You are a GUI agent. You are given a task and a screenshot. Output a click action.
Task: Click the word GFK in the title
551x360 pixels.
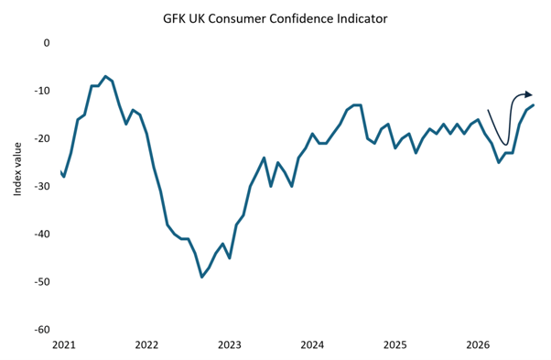(x=174, y=18)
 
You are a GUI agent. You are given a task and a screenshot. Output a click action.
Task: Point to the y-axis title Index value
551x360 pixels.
(x=17, y=169)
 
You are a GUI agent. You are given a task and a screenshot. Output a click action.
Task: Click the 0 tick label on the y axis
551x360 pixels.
(x=47, y=43)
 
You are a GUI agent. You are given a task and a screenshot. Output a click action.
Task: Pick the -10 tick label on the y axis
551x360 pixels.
(x=42, y=91)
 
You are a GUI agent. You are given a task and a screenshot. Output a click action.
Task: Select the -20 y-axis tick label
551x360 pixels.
(x=42, y=138)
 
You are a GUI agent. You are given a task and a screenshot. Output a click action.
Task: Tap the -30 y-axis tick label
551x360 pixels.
(x=42, y=186)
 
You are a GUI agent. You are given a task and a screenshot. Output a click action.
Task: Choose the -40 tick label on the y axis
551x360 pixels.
(x=42, y=234)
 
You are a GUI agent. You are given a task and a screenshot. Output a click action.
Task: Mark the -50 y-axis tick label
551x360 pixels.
(x=42, y=281)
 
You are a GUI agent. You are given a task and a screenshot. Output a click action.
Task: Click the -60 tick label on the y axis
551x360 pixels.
(x=42, y=330)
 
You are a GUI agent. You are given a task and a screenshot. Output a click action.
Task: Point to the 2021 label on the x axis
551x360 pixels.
(x=63, y=345)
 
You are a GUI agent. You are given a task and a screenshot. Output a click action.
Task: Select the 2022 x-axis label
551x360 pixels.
(x=146, y=345)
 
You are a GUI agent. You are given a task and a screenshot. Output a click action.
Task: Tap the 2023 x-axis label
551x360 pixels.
(x=230, y=345)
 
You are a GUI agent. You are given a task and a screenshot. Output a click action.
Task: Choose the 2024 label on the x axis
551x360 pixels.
(x=312, y=345)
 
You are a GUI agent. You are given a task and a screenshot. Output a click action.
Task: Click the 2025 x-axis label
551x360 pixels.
(x=395, y=345)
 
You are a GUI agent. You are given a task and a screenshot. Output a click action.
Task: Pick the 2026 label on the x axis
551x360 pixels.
(x=478, y=345)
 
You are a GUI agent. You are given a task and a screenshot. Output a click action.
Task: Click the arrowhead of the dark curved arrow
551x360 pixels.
(x=529, y=94)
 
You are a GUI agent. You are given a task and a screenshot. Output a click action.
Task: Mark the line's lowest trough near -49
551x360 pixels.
(x=201, y=277)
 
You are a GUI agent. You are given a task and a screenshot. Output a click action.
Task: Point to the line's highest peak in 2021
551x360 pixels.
(x=105, y=76)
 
